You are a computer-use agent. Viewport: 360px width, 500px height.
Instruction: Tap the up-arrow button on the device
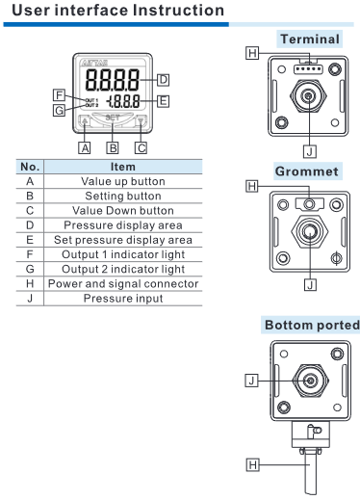point(85,121)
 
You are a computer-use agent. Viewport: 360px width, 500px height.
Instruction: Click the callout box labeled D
point(163,79)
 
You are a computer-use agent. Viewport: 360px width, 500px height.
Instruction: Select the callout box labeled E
point(163,101)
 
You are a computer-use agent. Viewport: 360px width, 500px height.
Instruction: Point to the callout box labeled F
point(59,95)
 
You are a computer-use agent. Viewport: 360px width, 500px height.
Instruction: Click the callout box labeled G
point(59,110)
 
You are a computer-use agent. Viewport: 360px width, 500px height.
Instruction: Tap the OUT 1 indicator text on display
point(91,100)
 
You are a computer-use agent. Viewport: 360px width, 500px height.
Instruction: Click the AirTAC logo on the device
point(94,63)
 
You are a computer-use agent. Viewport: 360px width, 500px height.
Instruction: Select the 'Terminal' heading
point(310,39)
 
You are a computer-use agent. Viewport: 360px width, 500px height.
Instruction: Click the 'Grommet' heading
point(307,171)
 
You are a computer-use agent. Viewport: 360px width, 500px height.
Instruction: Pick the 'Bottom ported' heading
point(312,325)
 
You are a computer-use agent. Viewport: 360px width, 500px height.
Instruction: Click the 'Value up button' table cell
point(123,181)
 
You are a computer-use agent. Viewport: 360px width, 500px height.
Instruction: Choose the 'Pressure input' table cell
point(123,299)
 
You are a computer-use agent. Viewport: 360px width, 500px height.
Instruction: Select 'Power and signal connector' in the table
point(123,283)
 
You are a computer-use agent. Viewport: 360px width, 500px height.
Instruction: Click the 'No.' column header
point(30,167)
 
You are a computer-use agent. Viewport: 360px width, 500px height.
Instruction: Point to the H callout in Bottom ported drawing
point(252,464)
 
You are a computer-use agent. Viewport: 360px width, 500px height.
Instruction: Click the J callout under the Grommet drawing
point(310,284)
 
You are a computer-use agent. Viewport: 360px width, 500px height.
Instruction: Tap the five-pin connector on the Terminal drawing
point(308,69)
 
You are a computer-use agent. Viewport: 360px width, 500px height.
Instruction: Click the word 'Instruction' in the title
point(178,11)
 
